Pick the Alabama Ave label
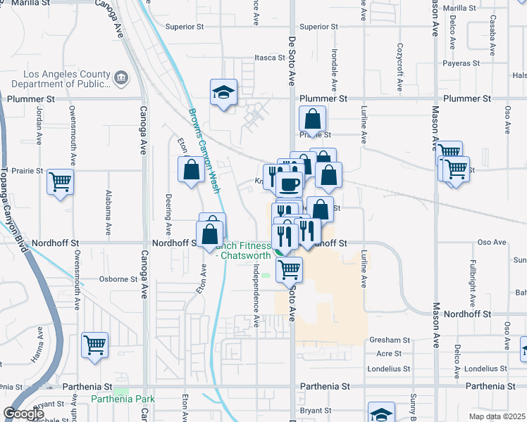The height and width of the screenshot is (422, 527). (x=108, y=212)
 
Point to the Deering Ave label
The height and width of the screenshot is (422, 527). (x=168, y=215)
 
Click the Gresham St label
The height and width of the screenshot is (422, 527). (x=389, y=340)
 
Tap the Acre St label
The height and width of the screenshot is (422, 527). (x=389, y=354)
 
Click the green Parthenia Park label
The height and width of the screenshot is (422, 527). (x=123, y=399)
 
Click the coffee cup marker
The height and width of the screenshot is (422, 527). (x=289, y=186)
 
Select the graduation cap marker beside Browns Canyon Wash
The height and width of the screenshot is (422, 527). (x=223, y=92)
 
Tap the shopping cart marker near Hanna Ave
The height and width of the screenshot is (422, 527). (x=94, y=345)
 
